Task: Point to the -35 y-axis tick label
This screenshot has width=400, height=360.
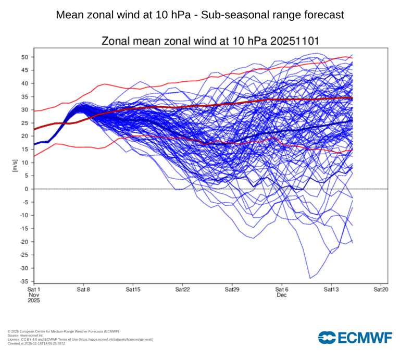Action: (24, 281)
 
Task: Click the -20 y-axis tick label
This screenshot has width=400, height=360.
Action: (24, 242)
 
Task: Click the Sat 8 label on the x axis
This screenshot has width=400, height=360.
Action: (83, 289)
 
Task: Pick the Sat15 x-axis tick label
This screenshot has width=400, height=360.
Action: (133, 289)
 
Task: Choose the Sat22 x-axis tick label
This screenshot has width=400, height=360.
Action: (182, 289)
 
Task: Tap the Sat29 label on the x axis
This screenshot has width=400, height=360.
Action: (232, 289)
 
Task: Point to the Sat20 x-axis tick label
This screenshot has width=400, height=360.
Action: (380, 289)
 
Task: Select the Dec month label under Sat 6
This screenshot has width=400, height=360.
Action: (281, 295)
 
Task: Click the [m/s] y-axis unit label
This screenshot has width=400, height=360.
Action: (15, 166)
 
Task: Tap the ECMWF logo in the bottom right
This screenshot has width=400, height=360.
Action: (357, 338)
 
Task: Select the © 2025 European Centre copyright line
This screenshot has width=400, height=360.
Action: (63, 331)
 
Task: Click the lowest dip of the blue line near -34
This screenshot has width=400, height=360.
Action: (310, 278)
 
